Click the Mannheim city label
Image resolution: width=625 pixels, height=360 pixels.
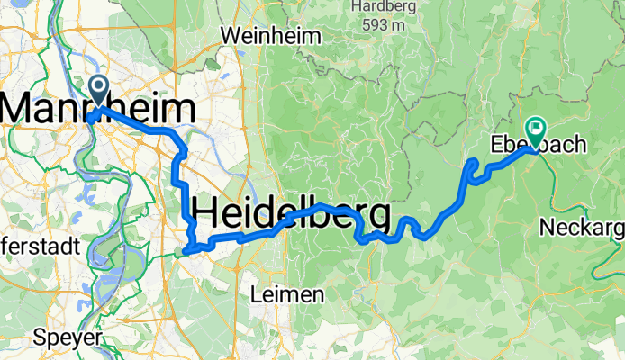coord(97,109)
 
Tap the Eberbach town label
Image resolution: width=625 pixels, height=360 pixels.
coord(538,144)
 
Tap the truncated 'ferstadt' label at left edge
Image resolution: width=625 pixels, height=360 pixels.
coord(40,246)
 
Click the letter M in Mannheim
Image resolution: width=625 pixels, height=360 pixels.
coord(20,109)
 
